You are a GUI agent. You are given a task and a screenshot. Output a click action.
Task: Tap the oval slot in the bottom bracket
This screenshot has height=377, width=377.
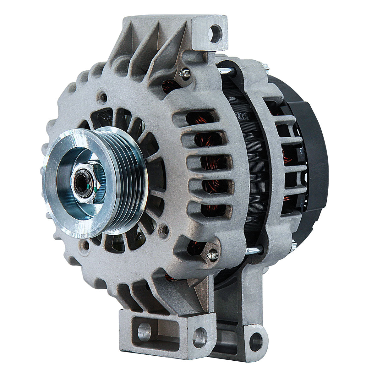coord(144,331)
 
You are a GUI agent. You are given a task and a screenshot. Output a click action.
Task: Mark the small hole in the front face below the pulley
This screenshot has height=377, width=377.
coord(84,244)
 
